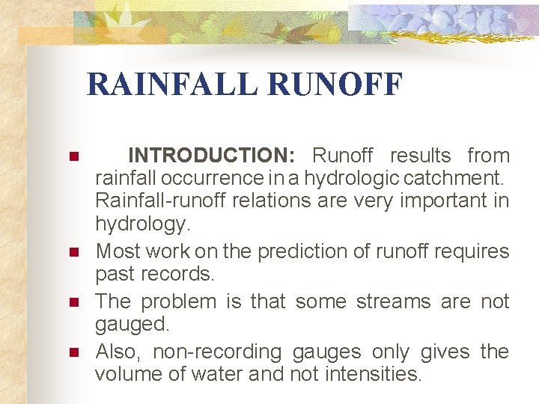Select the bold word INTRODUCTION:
(x=212, y=156)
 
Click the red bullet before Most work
(x=73, y=253)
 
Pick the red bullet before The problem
(x=73, y=303)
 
